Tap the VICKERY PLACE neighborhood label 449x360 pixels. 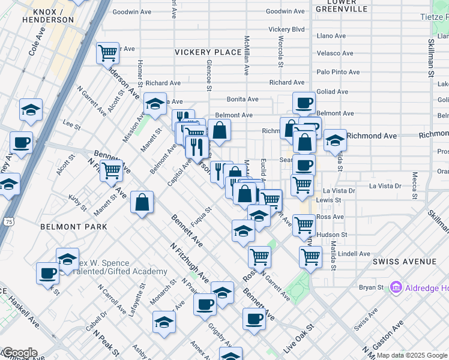(x=208, y=52)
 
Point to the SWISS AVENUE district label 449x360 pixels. (x=405, y=262)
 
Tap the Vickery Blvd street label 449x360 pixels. (x=286, y=29)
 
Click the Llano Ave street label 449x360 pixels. (x=331, y=36)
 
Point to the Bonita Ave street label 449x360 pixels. (x=242, y=99)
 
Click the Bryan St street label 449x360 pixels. (x=370, y=288)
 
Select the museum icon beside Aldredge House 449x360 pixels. (x=396, y=288)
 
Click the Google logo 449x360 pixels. (x=19, y=353)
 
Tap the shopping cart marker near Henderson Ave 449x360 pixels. (x=107, y=53)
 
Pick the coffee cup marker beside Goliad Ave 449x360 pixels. (x=304, y=102)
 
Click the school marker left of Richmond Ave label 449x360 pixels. (x=334, y=140)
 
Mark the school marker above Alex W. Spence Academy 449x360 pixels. (x=67, y=259)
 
